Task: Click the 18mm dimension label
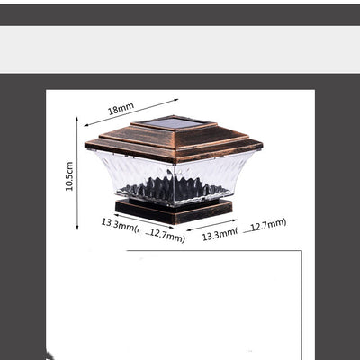tap(121, 109)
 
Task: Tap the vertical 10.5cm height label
tap(69, 176)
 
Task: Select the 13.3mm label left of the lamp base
tap(118, 225)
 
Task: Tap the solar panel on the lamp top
tap(175, 123)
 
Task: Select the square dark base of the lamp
tap(174, 211)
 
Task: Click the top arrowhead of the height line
tap(77, 119)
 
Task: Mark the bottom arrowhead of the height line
tap(77, 228)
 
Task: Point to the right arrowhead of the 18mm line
tap(176, 100)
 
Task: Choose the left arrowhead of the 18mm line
tap(86, 125)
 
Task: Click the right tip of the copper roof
tap(263, 144)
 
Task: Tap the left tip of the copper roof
tap(85, 145)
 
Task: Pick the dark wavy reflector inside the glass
tap(173, 188)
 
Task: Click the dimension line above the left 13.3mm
tap(144, 221)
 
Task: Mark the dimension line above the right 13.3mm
tap(211, 225)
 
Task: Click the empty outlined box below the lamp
tap(214, 305)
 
